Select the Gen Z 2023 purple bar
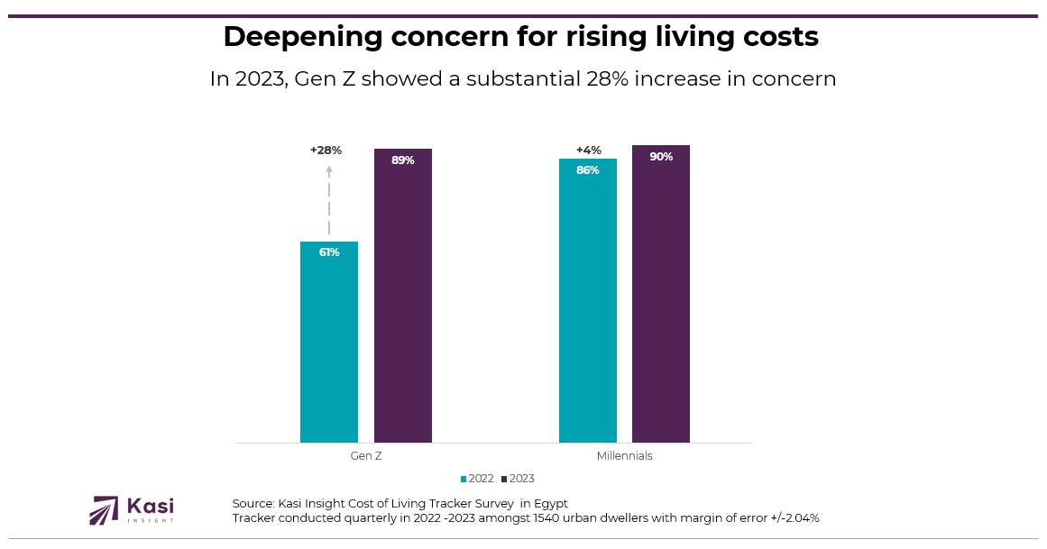(x=403, y=297)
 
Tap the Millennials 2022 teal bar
(x=588, y=302)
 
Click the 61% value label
(x=329, y=252)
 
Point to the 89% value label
(x=403, y=160)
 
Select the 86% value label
(x=588, y=170)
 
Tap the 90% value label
(x=661, y=157)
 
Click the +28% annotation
(x=326, y=151)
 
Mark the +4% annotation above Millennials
(x=588, y=151)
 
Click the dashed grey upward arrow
(x=329, y=200)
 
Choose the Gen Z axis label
(x=366, y=456)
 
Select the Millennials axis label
(x=624, y=456)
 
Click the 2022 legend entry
(x=477, y=479)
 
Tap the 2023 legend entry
(x=518, y=479)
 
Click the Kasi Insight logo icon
(x=104, y=510)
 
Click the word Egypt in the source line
(x=549, y=503)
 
